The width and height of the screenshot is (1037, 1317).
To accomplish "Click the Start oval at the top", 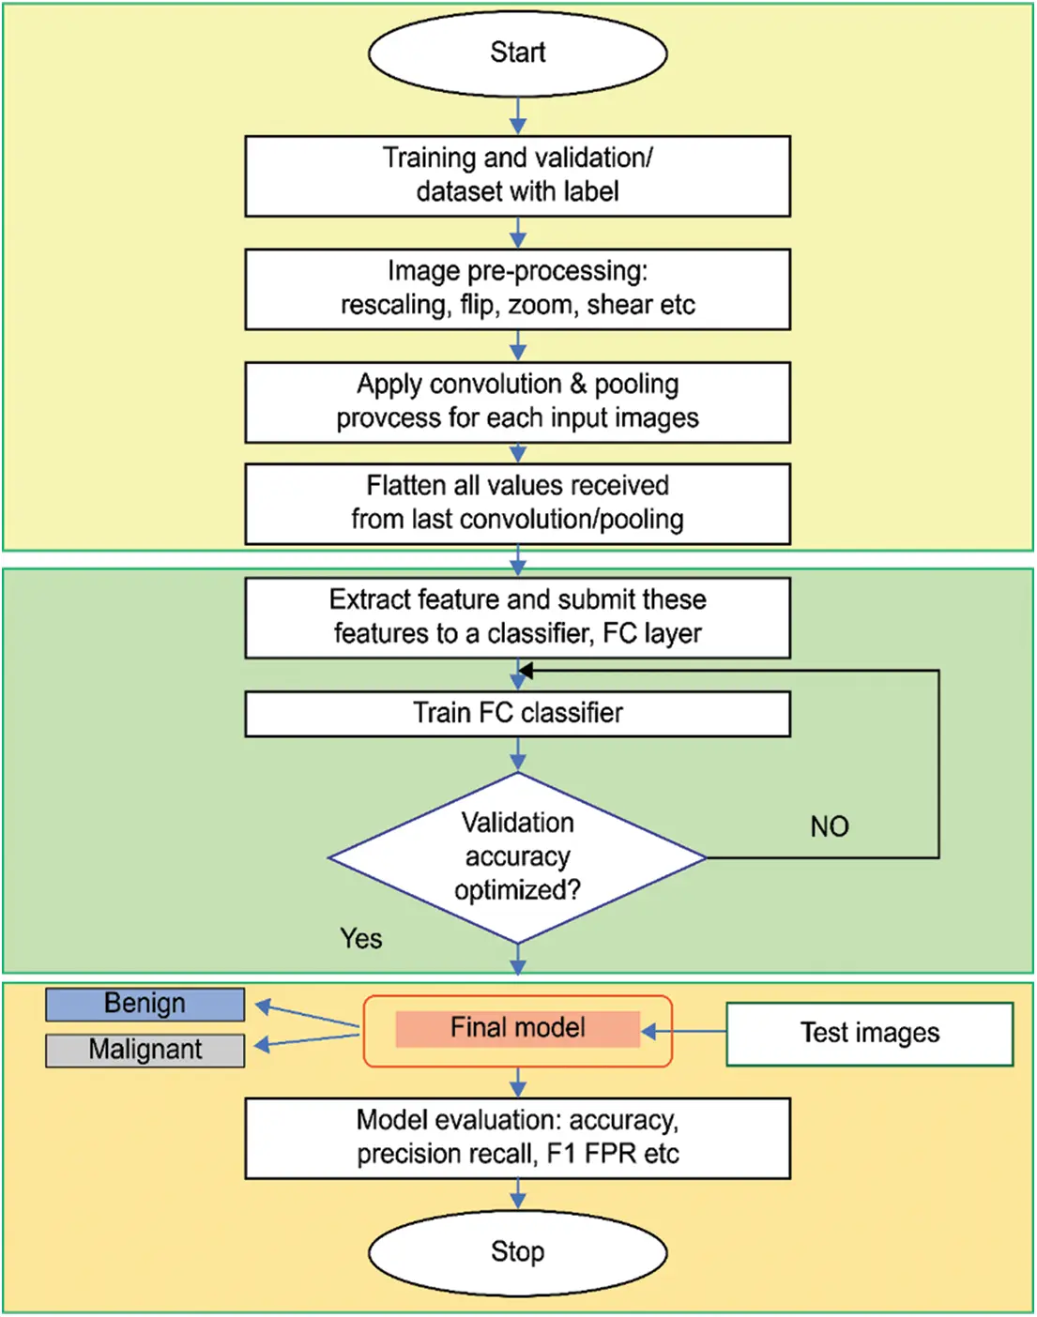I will pyautogui.click(x=517, y=53).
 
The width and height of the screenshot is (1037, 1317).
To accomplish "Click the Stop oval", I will pyautogui.click(x=517, y=1252).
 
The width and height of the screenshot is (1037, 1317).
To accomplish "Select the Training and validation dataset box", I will pyautogui.click(x=517, y=176).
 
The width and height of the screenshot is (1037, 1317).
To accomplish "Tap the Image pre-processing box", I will pyautogui.click(x=517, y=289).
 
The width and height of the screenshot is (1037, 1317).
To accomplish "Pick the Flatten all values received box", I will pyautogui.click(x=517, y=504).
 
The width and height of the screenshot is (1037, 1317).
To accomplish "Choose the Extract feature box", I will pyautogui.click(x=517, y=617).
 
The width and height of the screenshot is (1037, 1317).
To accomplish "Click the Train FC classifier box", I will pyautogui.click(x=517, y=714).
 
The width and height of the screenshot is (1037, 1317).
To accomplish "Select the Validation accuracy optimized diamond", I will pyautogui.click(x=517, y=857).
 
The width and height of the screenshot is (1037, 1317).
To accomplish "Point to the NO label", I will pyautogui.click(x=830, y=826).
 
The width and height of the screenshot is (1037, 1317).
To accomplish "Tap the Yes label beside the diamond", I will pyautogui.click(x=361, y=939).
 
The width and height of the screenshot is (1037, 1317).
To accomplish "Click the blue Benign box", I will pyautogui.click(x=145, y=1004).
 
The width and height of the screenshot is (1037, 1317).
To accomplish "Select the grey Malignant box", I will pyautogui.click(x=145, y=1050).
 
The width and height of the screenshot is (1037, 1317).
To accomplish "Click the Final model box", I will pyautogui.click(x=517, y=1029).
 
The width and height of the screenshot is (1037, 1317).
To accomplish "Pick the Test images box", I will pyautogui.click(x=869, y=1034).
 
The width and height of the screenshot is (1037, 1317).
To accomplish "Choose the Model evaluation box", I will pyautogui.click(x=517, y=1138).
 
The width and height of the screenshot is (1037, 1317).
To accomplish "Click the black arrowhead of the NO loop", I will pyautogui.click(x=526, y=671).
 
